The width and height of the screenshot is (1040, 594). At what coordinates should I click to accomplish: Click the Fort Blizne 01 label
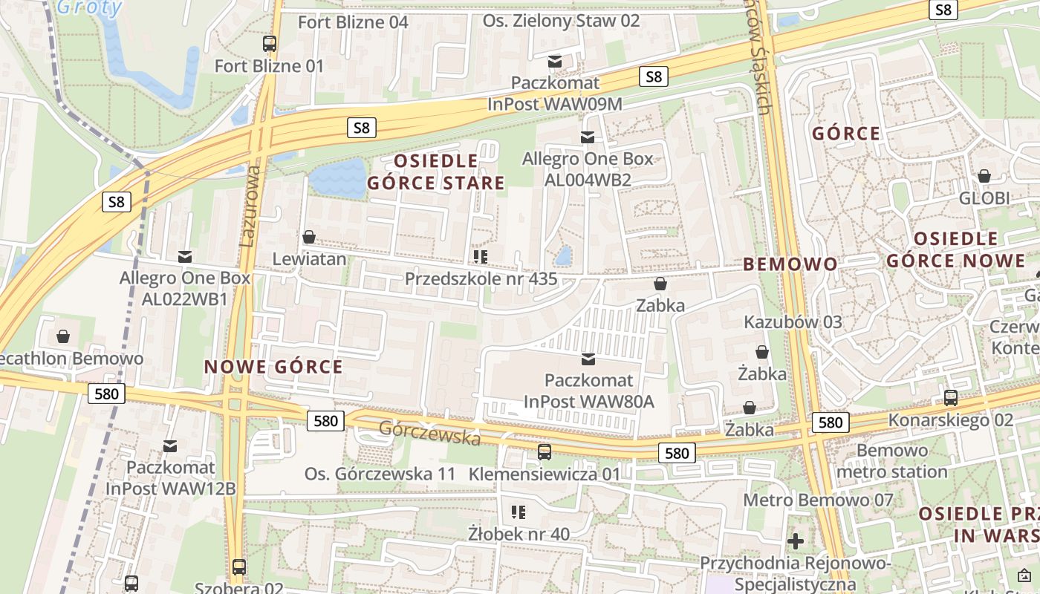click(269, 66)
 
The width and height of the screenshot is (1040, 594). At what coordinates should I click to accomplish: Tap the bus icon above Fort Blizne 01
click(269, 44)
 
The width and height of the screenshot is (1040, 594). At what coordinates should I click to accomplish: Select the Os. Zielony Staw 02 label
click(561, 21)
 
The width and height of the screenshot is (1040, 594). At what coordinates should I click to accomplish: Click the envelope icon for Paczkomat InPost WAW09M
click(555, 61)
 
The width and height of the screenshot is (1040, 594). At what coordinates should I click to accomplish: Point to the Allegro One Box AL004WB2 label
click(587, 169)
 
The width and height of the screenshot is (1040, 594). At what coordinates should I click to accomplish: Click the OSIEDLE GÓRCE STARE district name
click(436, 172)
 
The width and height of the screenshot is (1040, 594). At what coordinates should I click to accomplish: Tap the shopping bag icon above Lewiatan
click(309, 237)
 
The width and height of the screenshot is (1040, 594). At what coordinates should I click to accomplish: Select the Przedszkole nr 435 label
click(481, 279)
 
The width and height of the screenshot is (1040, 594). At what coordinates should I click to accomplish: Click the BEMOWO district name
click(790, 264)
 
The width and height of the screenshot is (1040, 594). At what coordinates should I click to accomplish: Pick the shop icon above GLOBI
click(984, 176)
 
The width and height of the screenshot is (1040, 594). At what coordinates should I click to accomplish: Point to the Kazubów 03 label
click(793, 322)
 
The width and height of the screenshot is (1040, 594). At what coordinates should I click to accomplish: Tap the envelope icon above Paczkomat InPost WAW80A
click(588, 359)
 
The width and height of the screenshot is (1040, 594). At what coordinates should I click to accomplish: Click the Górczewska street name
click(429, 433)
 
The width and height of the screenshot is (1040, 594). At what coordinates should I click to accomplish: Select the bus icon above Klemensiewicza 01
click(545, 451)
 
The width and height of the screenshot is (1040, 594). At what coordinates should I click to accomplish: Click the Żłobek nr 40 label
click(519, 533)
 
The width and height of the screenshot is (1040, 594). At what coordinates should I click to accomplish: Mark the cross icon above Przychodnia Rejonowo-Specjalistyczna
click(796, 541)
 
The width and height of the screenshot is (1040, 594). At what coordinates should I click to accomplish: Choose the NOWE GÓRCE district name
click(273, 367)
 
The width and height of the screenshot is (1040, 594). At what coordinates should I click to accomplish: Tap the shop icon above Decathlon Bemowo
click(63, 336)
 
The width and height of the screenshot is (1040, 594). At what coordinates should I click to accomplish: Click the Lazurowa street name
click(250, 206)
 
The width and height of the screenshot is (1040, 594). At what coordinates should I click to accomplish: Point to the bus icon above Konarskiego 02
click(951, 397)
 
